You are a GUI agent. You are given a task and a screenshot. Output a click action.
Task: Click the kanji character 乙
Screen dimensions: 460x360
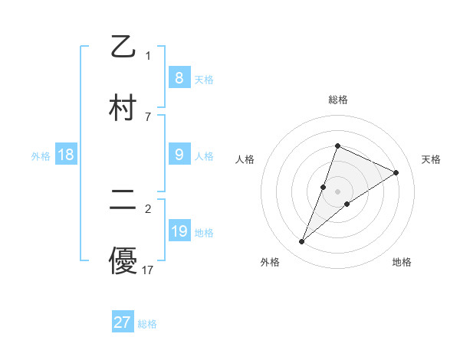123,47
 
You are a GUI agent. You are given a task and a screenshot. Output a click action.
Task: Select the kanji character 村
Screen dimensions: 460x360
123,108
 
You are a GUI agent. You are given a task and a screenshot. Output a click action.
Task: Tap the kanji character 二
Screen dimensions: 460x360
123,200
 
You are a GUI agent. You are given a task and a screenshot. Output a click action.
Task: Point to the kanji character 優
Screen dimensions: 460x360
123,261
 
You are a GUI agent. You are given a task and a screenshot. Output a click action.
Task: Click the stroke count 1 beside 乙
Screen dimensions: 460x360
148,55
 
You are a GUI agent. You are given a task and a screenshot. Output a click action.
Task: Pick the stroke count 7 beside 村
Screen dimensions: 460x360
148,116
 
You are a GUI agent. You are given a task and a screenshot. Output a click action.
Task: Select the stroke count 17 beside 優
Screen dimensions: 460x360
148,270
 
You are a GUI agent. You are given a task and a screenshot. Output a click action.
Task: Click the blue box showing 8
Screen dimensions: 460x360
179,77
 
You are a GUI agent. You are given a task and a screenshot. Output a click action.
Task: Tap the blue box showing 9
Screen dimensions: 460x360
179,154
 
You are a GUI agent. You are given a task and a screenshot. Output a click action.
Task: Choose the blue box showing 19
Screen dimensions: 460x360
179,231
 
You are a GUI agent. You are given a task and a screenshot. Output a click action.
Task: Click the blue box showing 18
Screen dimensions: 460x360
66,155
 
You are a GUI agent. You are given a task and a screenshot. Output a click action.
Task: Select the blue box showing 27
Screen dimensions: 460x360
123,322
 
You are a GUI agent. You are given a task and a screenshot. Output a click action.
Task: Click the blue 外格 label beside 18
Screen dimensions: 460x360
41,155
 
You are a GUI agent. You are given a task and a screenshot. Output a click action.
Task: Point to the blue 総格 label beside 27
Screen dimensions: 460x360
147,324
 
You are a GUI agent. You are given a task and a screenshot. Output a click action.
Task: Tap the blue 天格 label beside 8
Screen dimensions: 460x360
204,79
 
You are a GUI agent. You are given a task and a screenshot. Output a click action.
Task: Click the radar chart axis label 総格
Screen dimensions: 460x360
337,100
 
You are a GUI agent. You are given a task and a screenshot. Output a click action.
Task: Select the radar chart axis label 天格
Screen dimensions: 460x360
431,159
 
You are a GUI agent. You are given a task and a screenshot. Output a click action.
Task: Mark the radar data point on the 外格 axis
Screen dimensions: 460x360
302,242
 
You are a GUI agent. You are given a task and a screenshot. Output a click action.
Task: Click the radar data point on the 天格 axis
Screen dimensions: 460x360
396,172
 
